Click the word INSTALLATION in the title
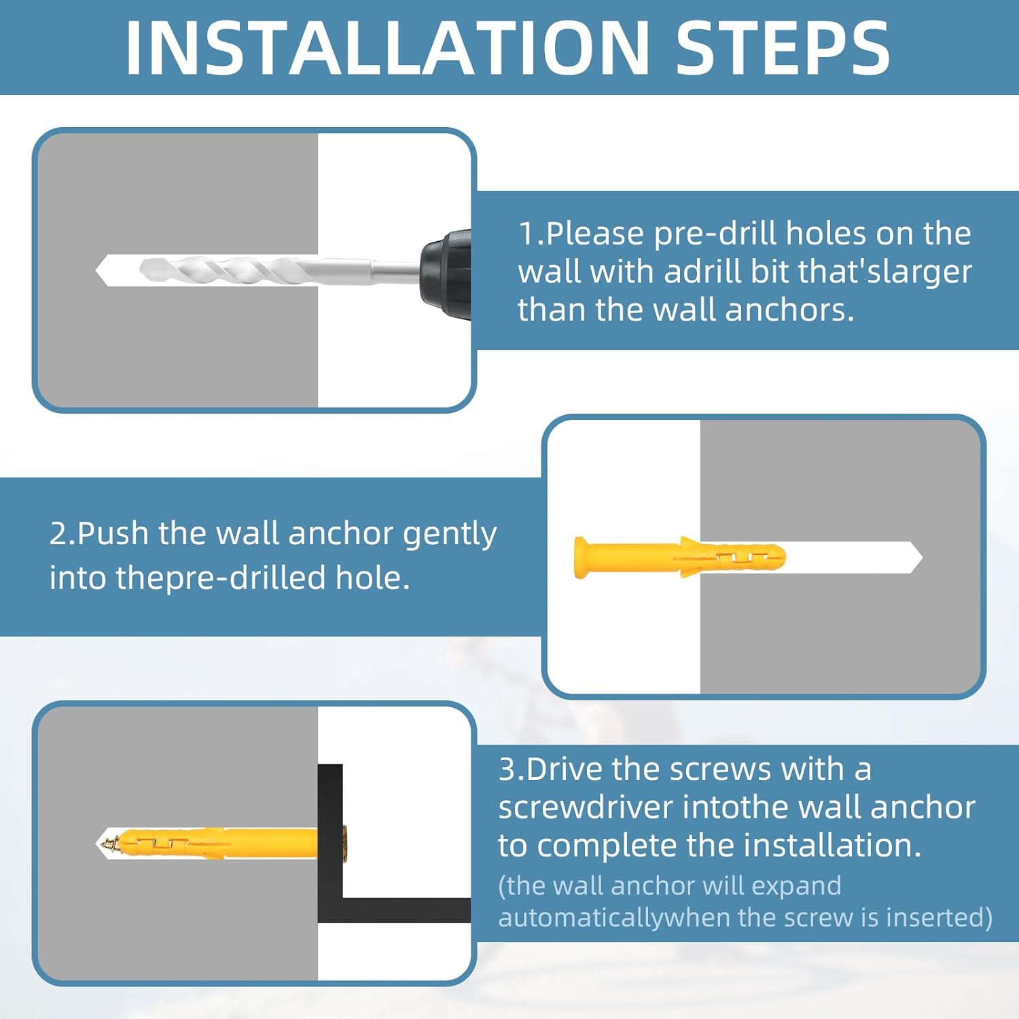[387, 48]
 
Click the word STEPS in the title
[782, 48]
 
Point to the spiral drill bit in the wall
[258, 270]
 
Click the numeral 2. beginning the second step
[62, 533]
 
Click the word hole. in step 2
[373, 577]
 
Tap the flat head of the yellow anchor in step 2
[581, 558]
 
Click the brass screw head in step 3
[344, 843]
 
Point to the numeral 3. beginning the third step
[511, 769]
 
